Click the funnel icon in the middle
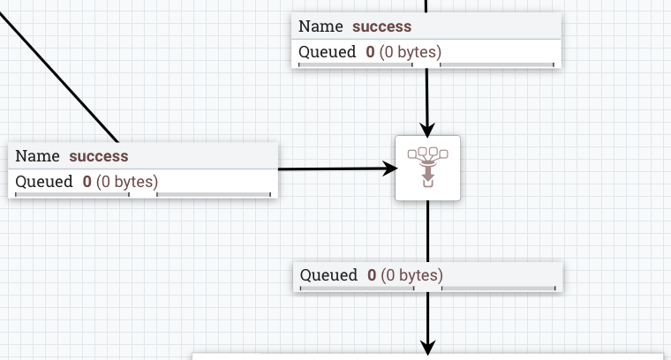pos(428,168)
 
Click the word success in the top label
pos(381,26)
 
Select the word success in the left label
pos(98,156)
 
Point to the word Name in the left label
pos(38,156)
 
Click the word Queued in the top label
pos(328,51)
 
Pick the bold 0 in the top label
pos(371,51)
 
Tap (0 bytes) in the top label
pos(411,51)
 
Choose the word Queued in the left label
pos(44,182)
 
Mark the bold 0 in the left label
pos(87,182)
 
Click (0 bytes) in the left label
pos(127,182)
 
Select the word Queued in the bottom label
pos(329,274)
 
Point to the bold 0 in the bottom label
pos(373,274)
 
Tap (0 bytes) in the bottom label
pos(412,274)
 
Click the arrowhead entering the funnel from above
pos(428,130)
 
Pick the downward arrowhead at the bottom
pos(428,348)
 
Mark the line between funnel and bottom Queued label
pos(428,231)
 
